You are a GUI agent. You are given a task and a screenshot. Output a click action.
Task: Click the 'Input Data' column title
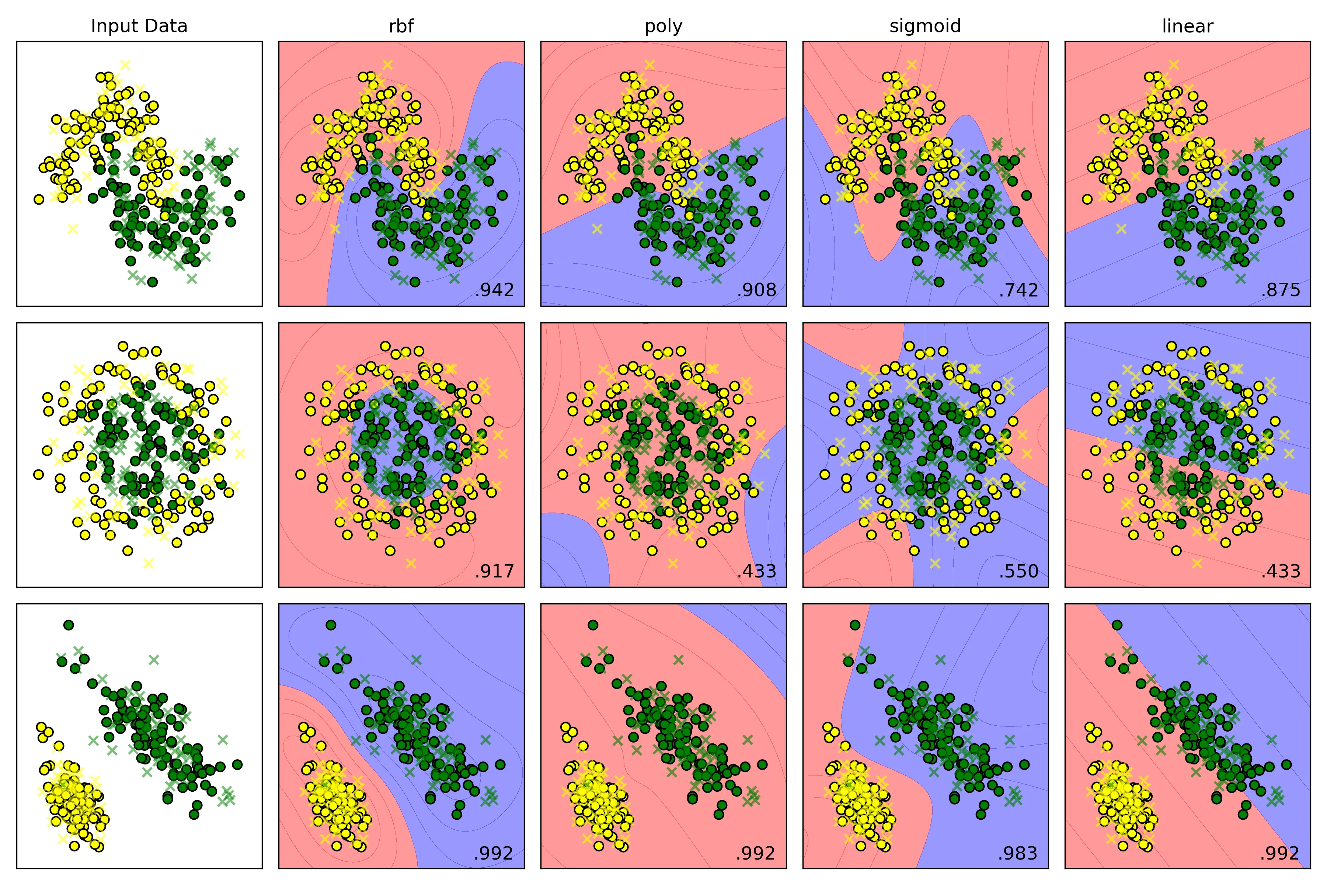[x=139, y=26]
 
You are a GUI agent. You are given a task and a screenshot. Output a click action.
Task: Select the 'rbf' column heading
[x=401, y=26]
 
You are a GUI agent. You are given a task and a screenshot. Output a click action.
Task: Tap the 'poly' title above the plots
[x=663, y=26]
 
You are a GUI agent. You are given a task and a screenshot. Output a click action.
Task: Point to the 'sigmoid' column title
[x=925, y=26]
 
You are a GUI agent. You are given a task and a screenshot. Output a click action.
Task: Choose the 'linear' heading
[x=1188, y=26]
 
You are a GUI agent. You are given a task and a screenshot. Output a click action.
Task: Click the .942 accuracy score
[x=494, y=290]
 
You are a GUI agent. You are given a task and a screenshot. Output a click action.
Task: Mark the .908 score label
[x=757, y=290]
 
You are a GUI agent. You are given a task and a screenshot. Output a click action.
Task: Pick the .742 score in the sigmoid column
[x=1018, y=290]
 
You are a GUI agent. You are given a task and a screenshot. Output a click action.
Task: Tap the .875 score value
[x=1281, y=290]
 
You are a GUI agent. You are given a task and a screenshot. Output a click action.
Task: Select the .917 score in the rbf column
[x=494, y=571]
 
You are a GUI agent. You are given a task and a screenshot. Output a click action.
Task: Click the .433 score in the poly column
[x=757, y=571]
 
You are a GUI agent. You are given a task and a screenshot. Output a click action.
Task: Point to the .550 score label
[x=1018, y=571]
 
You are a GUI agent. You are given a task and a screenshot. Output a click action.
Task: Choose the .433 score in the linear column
[x=1281, y=571]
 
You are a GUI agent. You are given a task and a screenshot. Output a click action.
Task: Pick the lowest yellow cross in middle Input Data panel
[x=149, y=563]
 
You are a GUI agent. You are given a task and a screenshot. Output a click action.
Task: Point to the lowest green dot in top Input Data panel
[x=152, y=282]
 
